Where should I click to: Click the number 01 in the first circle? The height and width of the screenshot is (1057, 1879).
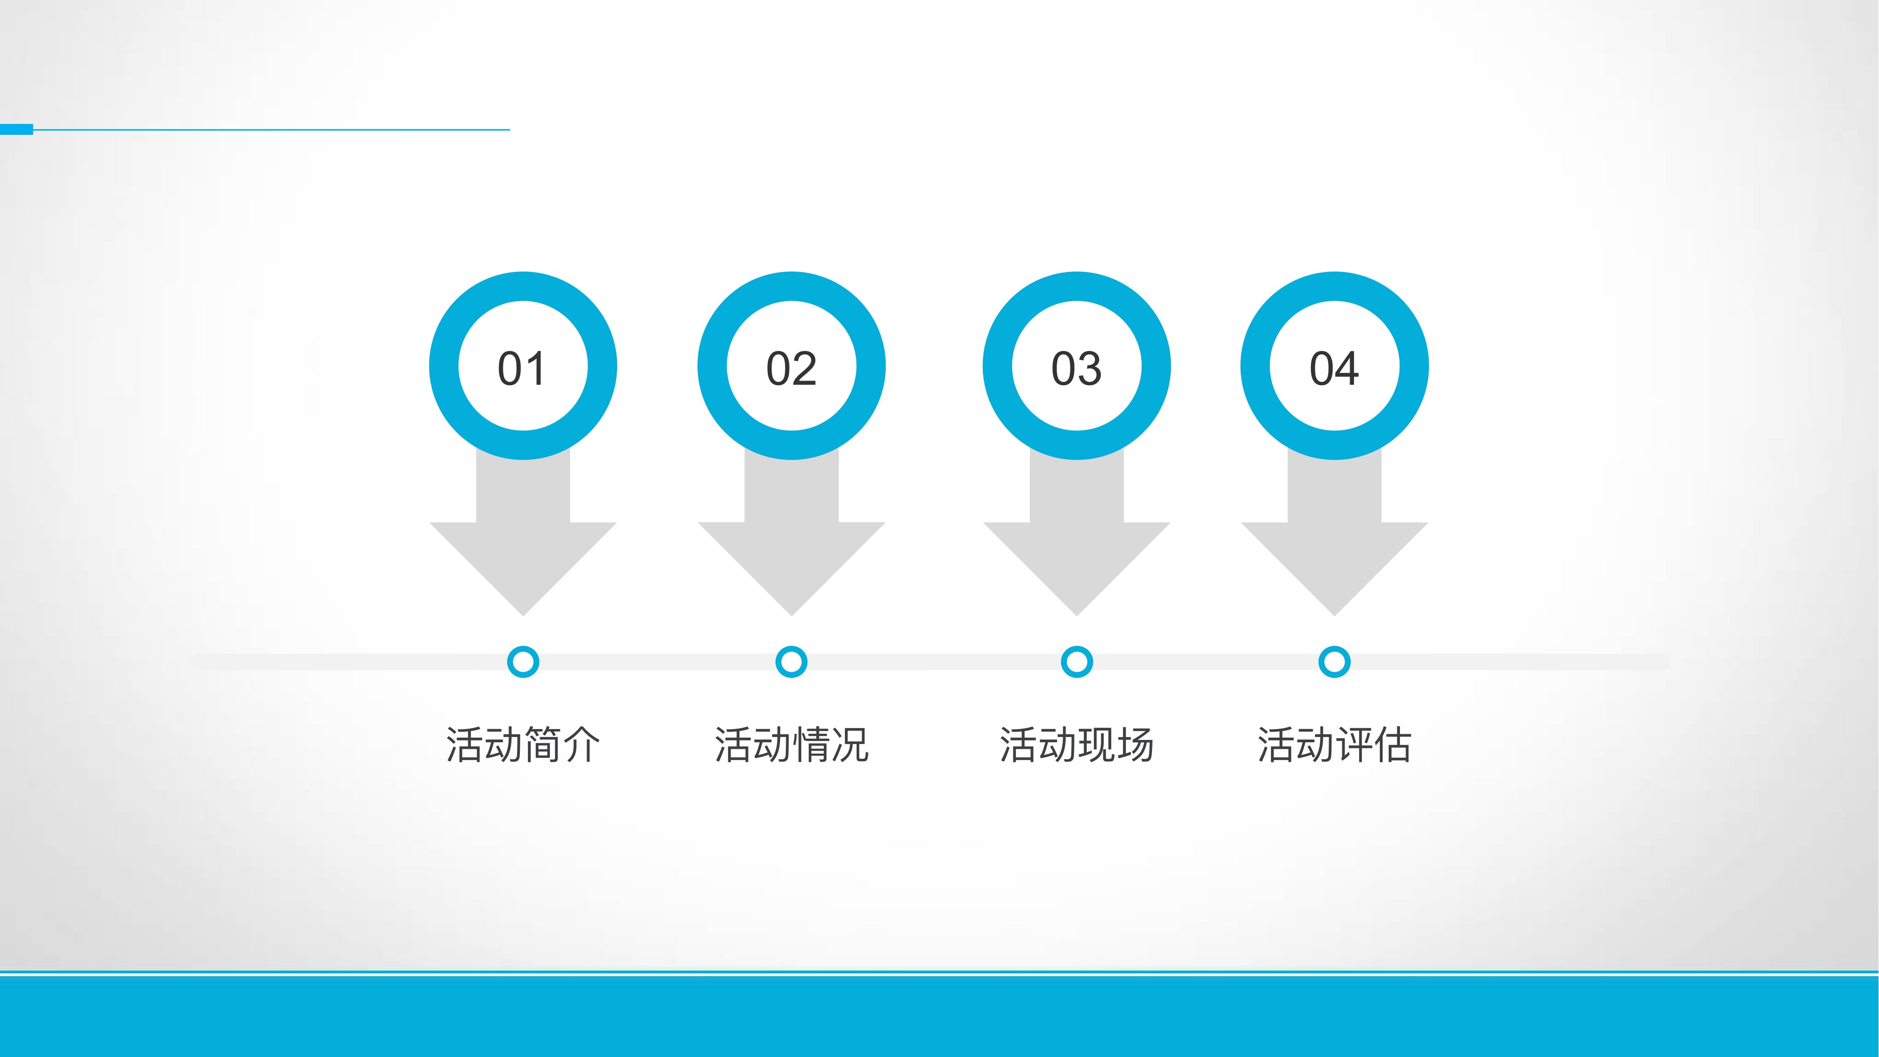pyautogui.click(x=522, y=368)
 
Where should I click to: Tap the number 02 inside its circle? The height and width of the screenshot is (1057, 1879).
pyautogui.click(x=791, y=368)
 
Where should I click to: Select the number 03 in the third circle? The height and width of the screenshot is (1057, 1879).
pyautogui.click(x=1076, y=368)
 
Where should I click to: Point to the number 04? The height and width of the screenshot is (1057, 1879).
pyautogui.click(x=1334, y=368)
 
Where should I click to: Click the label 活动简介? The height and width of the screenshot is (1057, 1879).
pyautogui.click(x=523, y=745)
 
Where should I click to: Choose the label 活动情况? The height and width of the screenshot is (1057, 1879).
pyautogui.click(x=791, y=745)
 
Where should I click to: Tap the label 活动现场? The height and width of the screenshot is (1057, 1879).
pyautogui.click(x=1076, y=745)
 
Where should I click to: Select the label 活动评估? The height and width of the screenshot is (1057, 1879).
pyautogui.click(x=1334, y=745)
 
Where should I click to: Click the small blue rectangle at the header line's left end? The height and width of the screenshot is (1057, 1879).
pyautogui.click(x=16, y=129)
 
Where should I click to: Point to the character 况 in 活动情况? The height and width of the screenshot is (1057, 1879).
pyautogui.click(x=850, y=745)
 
